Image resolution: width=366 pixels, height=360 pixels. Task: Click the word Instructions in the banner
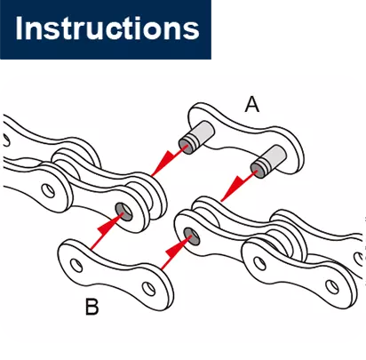tap(107, 28)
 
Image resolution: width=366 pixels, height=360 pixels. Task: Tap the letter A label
tap(252, 105)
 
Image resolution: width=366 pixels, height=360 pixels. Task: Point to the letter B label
tap(91, 307)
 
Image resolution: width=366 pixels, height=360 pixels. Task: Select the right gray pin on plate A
tap(268, 162)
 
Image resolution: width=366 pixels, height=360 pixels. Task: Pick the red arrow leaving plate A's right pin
tap(238, 186)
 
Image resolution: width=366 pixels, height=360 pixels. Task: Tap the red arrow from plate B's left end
tap(107, 232)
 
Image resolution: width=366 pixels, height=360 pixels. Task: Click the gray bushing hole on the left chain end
tap(123, 212)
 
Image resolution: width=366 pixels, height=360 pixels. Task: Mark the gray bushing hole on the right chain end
tap(192, 236)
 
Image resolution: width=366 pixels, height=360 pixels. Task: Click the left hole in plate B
tap(76, 265)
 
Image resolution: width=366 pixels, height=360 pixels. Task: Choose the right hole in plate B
tap(148, 288)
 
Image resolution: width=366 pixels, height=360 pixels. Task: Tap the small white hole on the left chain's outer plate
tap(48, 191)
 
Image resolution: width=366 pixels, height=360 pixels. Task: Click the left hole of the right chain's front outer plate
tap(259, 263)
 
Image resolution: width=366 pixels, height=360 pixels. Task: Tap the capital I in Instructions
tap(19, 28)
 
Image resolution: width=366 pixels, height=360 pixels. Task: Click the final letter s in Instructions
tap(192, 31)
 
